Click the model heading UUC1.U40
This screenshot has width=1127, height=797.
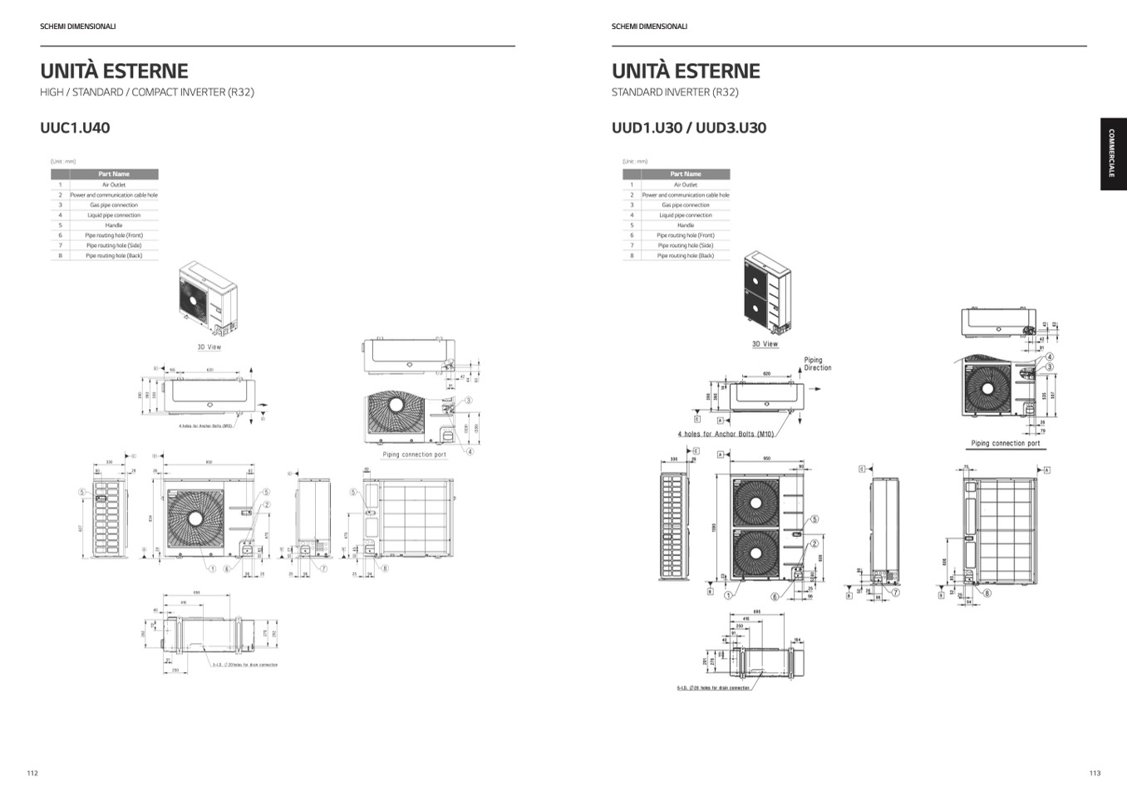(75, 128)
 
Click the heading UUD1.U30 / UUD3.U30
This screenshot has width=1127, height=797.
(688, 128)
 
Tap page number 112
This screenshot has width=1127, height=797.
(32, 773)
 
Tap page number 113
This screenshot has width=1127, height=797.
(1095, 773)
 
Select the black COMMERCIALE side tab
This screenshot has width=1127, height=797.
(1113, 154)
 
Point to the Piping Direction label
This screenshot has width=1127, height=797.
(816, 364)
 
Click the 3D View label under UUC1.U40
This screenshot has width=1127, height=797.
(209, 347)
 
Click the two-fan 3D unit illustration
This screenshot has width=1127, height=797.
(766, 293)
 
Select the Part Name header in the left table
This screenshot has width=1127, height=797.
(113, 175)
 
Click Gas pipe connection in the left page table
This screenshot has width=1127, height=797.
(113, 205)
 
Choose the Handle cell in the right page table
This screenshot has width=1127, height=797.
(685, 225)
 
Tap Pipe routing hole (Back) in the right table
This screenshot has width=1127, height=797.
(685, 256)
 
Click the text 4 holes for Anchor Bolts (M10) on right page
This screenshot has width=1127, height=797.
(726, 434)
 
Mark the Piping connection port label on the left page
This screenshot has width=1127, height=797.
(414, 455)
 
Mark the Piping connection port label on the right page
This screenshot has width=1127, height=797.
(1005, 443)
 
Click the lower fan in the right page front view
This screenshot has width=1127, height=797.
(755, 553)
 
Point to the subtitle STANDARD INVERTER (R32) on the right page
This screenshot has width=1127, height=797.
(675, 92)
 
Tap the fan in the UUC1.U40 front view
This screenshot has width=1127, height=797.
(195, 518)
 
